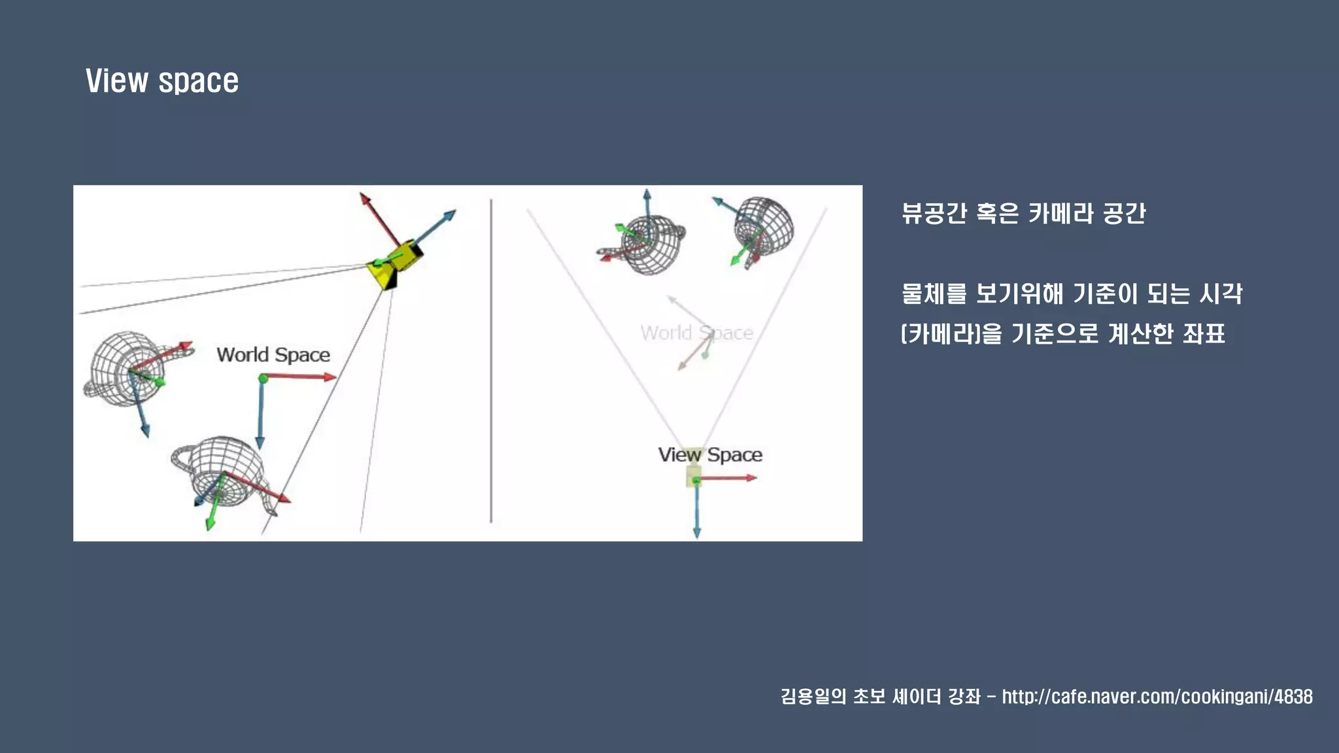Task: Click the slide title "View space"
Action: [162, 81]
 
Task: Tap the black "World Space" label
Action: [273, 355]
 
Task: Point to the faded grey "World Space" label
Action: [696, 333]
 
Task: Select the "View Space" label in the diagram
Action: [710, 455]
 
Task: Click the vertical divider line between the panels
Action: [491, 360]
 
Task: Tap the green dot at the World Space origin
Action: [263, 378]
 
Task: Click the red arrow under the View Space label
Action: [727, 478]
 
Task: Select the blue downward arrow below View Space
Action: [697, 510]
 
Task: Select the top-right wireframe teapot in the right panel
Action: [763, 226]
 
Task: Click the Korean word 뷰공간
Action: [934, 213]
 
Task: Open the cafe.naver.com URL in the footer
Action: [1157, 697]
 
